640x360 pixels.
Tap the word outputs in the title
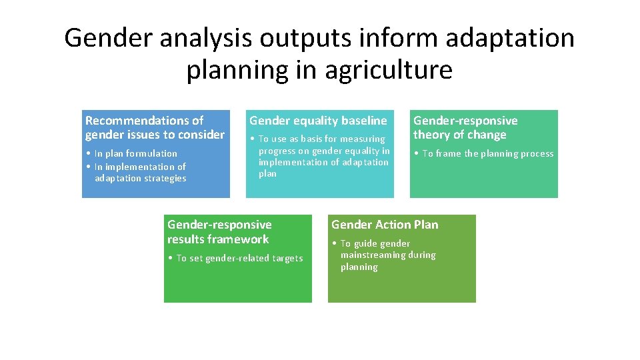[307, 38]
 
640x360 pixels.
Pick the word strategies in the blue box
[163, 178]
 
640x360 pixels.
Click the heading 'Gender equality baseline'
[318, 121]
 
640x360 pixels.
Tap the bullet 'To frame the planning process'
[487, 153]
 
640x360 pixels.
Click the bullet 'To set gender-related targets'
[239, 258]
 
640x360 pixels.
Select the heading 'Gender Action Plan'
[385, 225]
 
